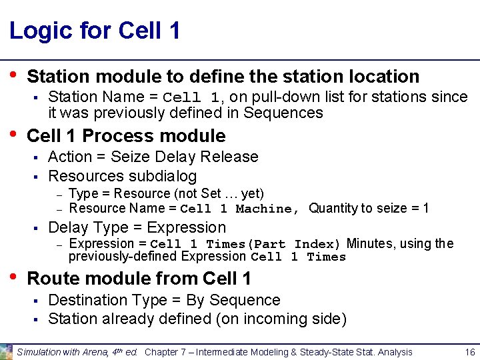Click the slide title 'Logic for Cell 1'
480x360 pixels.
pyautogui.click(x=95, y=31)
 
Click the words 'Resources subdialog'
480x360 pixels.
pyautogui.click(x=123, y=176)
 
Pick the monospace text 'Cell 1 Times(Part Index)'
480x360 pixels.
pyautogui.click(x=245, y=244)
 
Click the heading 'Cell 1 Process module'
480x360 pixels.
pyautogui.click(x=126, y=136)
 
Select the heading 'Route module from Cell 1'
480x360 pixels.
pyautogui.click(x=139, y=278)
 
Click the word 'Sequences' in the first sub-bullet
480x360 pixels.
pyautogui.click(x=283, y=113)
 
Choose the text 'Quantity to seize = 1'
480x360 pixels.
pyautogui.click(x=369, y=209)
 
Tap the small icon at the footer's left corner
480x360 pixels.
pyautogui.click(x=6, y=351)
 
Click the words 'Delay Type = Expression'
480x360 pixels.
pyautogui.click(x=137, y=227)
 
